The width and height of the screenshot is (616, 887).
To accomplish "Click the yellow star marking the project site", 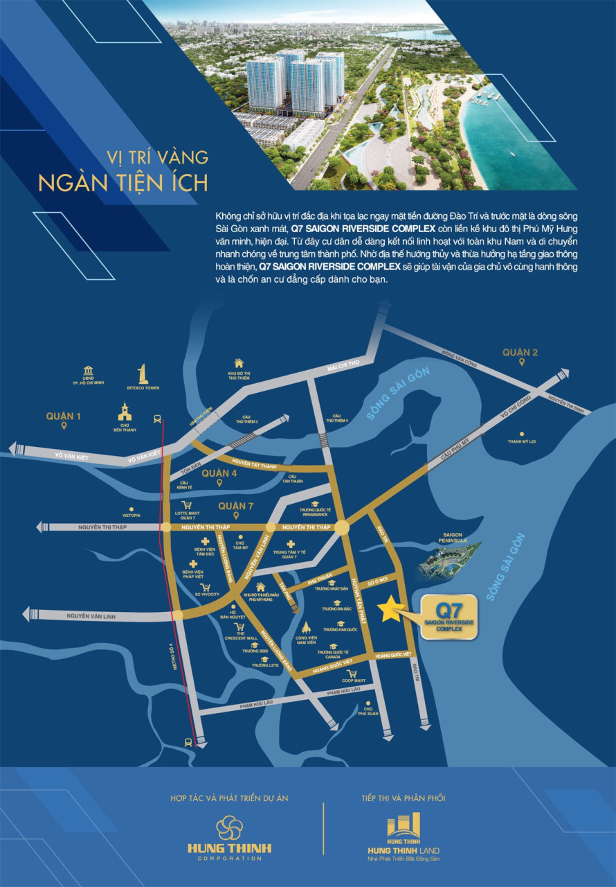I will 390,608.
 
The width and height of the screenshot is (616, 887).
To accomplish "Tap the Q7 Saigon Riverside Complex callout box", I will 449,616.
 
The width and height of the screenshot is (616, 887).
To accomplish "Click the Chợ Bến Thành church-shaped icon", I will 125,412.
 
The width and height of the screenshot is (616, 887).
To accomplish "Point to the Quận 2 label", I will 520,353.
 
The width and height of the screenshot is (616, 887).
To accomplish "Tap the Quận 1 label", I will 64,416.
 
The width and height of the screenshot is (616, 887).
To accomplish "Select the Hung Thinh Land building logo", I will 404,825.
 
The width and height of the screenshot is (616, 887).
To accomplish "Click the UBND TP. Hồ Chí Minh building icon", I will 88,371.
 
